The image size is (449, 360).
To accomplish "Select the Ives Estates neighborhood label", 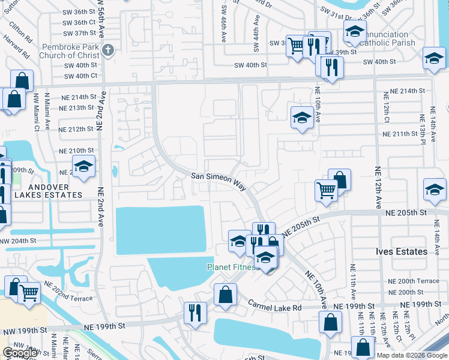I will click(402, 251).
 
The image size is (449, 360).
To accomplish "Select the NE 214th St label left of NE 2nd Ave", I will click(77, 97).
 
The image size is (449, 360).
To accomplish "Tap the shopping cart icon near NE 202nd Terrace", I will click(29, 293).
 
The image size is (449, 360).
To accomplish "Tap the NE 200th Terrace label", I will click(413, 281).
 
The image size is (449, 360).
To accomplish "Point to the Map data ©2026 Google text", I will click(411, 355).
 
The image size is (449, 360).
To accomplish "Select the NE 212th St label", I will click(77, 129).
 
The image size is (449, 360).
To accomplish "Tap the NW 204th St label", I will click(18, 241).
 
